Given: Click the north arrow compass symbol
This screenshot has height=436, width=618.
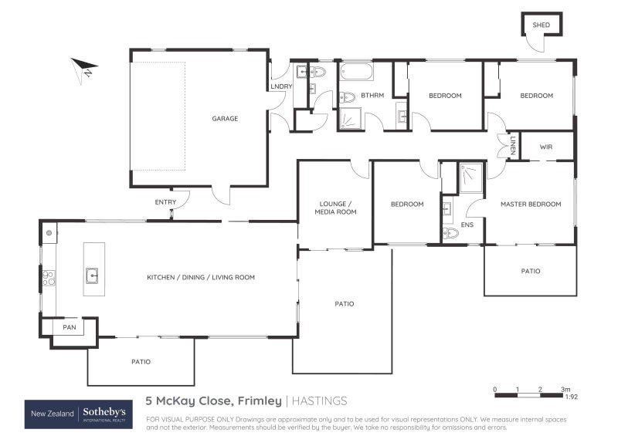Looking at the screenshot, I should pos(84,68).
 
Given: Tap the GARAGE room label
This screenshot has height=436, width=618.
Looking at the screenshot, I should pos(225,119).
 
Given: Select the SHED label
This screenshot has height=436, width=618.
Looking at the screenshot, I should pos(541,25).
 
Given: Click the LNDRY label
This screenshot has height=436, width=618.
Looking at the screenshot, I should pos(280,86).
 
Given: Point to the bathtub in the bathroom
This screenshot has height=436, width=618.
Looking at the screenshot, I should pos(356,73).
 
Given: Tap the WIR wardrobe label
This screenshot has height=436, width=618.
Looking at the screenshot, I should pos(546,146).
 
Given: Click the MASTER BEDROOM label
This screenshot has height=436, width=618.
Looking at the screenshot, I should pos(530,204).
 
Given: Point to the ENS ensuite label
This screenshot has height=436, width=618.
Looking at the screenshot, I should pos(467,225).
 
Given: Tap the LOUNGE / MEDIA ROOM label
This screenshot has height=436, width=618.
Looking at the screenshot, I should pos(337,208).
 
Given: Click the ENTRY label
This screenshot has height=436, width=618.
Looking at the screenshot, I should pos(165,203).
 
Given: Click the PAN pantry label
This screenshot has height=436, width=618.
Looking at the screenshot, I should pos(69,328).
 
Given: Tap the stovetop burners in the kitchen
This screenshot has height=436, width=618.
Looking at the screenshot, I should pos(49,278).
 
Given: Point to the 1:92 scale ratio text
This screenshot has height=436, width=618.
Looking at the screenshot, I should pos(570,397).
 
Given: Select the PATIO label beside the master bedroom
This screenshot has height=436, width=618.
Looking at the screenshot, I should pos(530,271).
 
